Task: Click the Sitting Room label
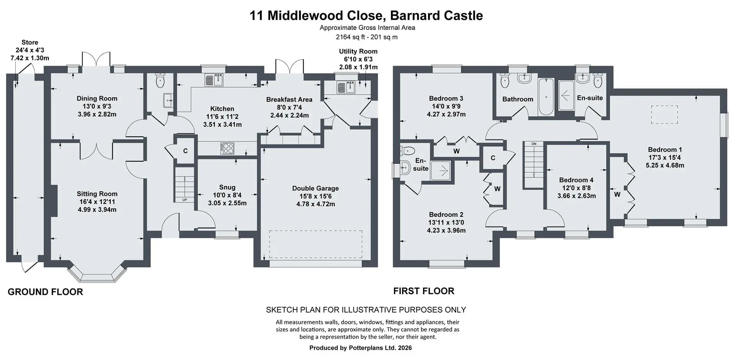(97, 194)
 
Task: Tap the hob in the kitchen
(227, 148)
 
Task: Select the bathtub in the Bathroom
(546, 97)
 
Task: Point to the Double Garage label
(315, 188)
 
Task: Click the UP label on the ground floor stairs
(185, 200)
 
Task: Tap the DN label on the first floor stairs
(534, 144)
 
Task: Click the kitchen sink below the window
(214, 80)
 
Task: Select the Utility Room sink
(346, 87)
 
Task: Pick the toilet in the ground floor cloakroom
(160, 80)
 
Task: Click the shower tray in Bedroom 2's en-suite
(441, 171)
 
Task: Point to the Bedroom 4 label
(576, 180)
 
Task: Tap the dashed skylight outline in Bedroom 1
(665, 115)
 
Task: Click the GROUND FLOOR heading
(45, 292)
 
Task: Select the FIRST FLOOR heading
(424, 291)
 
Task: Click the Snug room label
(227, 187)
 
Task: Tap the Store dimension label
(30, 50)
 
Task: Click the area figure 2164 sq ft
(350, 37)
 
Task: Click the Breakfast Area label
(289, 100)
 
